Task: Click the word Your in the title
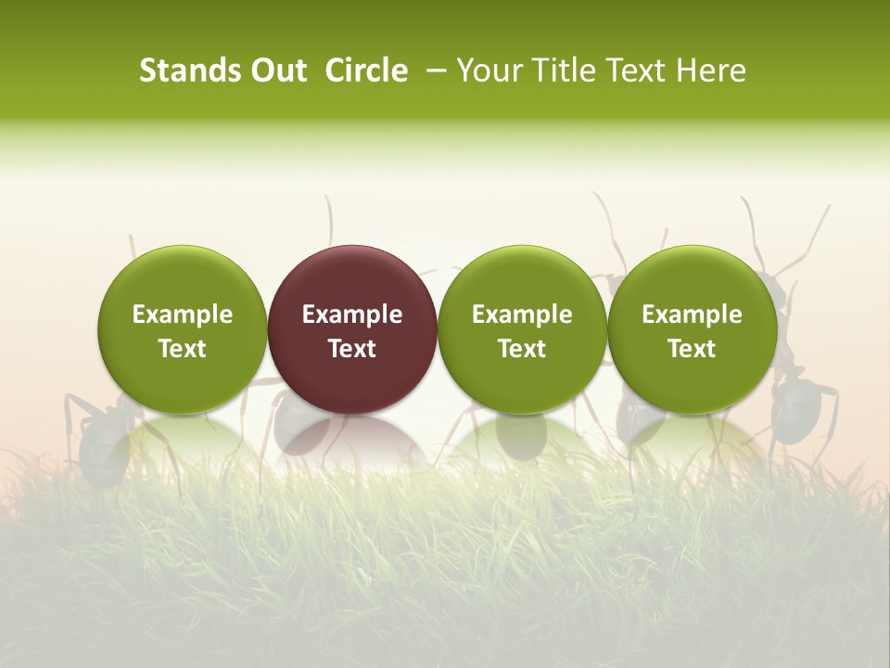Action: point(489,71)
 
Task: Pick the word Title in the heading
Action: point(565,71)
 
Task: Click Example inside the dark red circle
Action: point(352,315)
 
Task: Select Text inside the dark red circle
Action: point(352,349)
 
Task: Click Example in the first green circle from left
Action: point(183,315)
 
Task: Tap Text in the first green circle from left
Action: point(183,349)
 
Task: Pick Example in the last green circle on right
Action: point(692,315)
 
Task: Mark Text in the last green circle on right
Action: point(692,349)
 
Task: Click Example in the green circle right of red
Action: point(522,315)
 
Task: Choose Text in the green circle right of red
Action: point(522,349)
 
